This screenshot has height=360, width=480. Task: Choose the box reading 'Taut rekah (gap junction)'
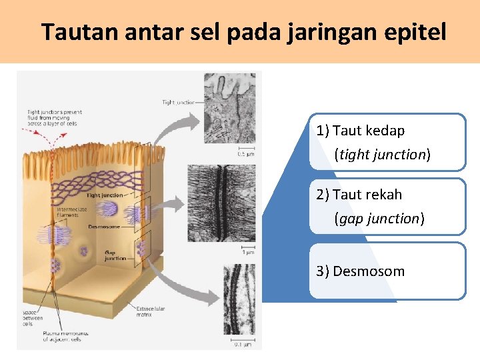pos(387,207)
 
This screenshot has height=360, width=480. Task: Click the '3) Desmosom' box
pos(387,271)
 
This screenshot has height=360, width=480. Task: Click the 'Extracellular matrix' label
pos(151,311)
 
